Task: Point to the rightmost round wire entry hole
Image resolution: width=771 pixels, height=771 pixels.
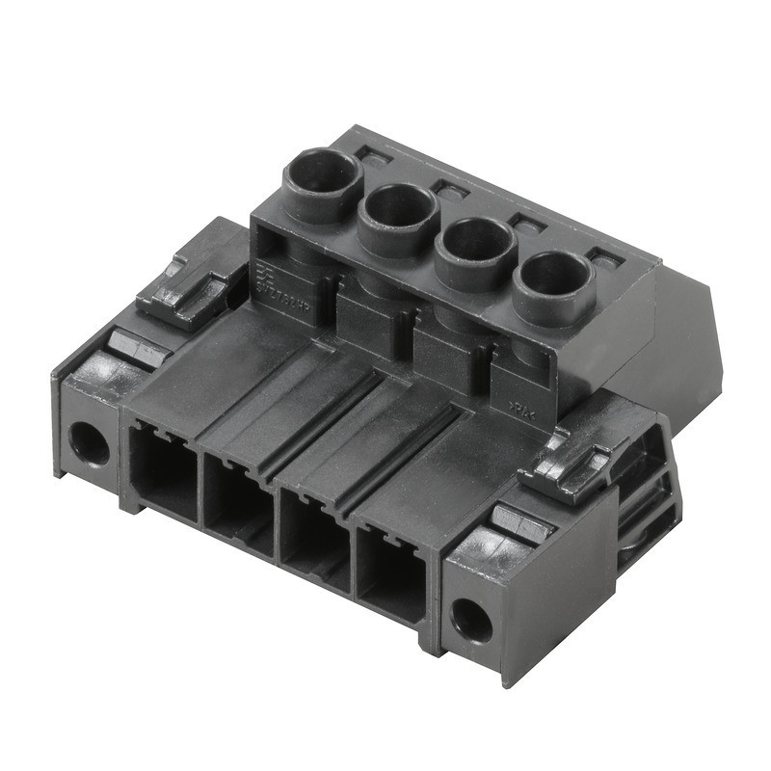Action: tap(552, 277)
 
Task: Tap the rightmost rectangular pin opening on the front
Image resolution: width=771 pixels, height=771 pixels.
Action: tap(391, 575)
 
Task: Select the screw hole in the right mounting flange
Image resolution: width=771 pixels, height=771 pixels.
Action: tap(471, 619)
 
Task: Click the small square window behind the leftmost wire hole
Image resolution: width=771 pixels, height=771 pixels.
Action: tap(369, 152)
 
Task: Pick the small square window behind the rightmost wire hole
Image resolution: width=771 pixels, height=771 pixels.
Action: tap(603, 258)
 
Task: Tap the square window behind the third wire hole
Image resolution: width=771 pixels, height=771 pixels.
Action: tap(527, 224)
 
